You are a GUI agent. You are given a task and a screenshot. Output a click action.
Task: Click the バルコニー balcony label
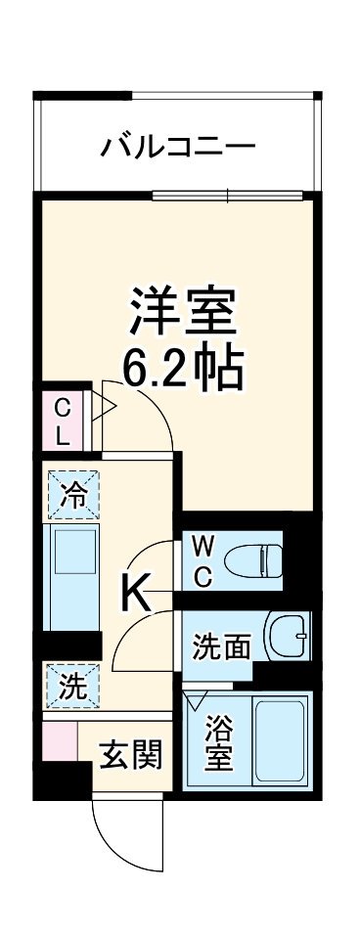point(178,149)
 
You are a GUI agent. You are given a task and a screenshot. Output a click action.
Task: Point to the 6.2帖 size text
point(183,369)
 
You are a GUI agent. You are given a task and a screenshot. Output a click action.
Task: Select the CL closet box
point(62,422)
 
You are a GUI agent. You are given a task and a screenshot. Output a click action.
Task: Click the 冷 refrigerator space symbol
point(73,496)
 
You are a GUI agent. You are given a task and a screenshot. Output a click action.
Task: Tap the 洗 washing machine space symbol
point(72,686)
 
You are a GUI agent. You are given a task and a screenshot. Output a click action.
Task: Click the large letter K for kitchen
point(136,590)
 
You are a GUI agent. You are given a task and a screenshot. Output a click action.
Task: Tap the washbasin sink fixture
point(290,638)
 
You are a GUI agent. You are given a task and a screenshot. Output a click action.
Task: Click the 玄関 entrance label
point(130,755)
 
